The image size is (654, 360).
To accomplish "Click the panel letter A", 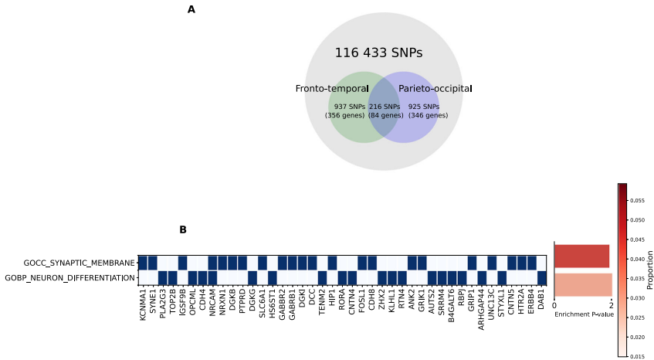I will pos(191,10).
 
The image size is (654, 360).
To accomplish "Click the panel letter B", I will pos(183,229).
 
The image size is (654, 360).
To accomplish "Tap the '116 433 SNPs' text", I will pos(378,53).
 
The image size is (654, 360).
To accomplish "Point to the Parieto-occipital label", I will pos(435,89).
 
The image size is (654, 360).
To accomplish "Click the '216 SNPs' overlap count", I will pos(385,107).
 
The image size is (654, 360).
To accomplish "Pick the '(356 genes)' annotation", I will pos(344,116).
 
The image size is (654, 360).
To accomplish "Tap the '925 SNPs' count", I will pos(424,107).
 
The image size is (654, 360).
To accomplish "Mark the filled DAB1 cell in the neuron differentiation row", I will pos(542,277).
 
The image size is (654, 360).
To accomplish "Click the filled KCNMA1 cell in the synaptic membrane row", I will pos(143,263).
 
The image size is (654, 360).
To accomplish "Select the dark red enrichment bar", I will pos(581,256).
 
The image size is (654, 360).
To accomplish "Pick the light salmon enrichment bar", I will pos(582,284).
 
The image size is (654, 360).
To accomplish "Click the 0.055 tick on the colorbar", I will pos(638,200).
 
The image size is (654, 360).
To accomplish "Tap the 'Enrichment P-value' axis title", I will pos(583,314).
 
